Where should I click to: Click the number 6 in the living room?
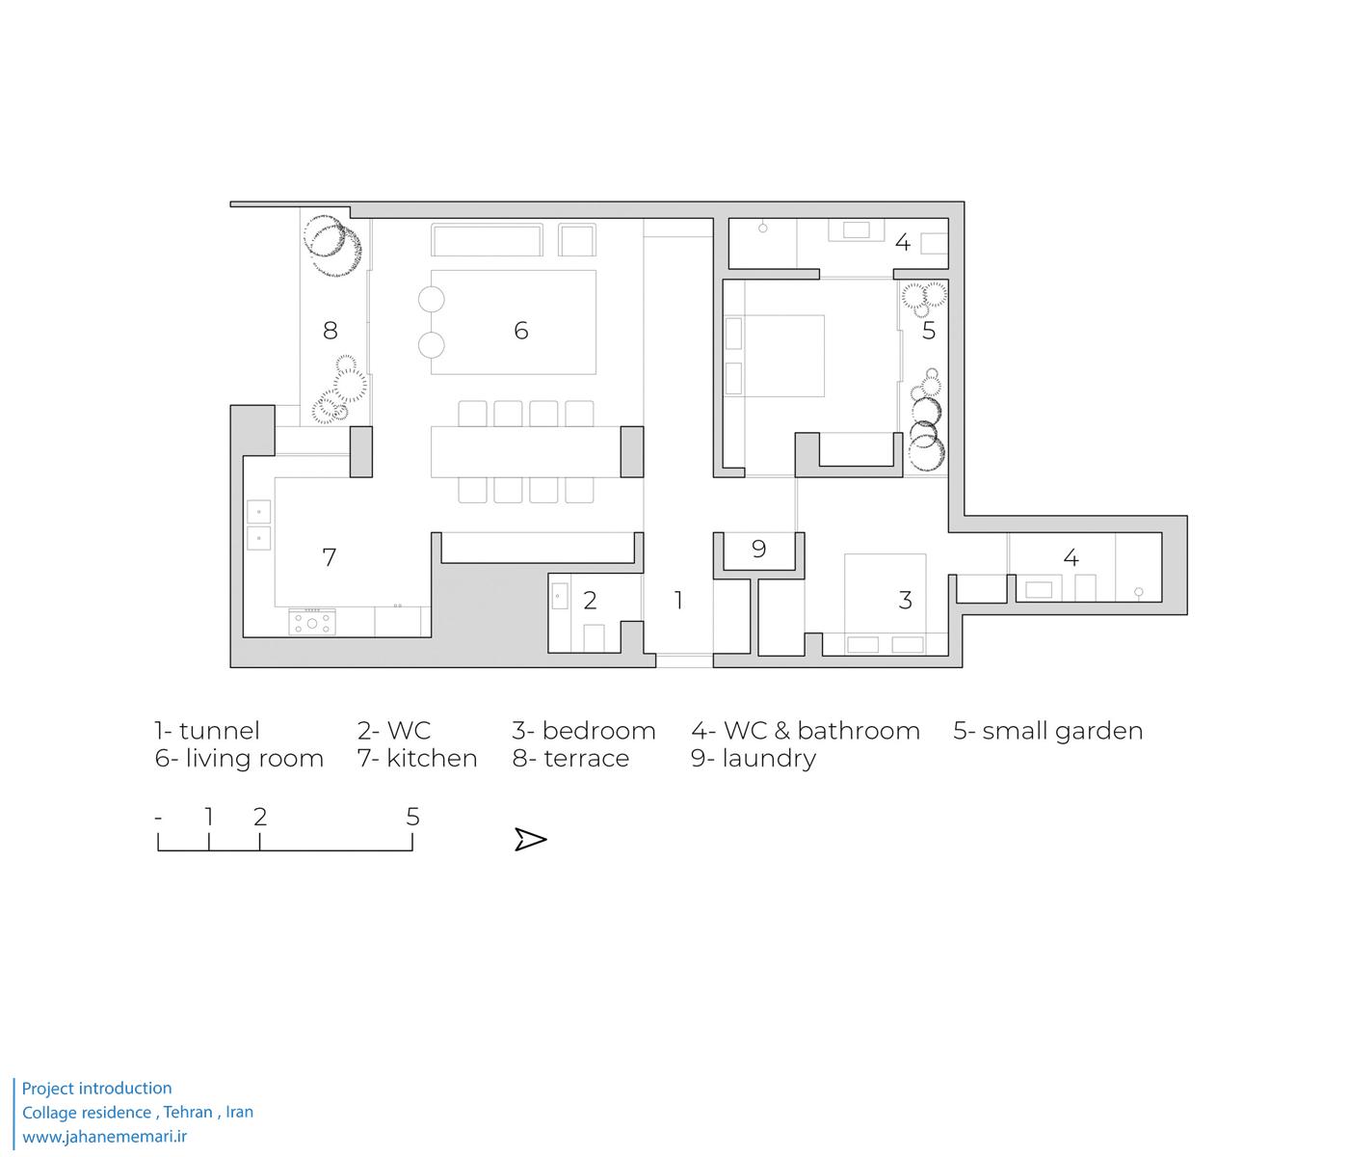tap(520, 331)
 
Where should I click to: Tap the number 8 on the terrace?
tap(331, 331)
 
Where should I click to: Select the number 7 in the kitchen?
tap(330, 557)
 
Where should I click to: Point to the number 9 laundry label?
tap(758, 549)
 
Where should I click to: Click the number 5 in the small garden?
tap(929, 331)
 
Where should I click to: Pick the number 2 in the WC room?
tap(590, 600)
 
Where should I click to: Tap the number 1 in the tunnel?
tap(678, 600)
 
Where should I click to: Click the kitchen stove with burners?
tap(312, 622)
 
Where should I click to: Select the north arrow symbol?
tap(530, 839)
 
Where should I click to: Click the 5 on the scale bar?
tap(412, 817)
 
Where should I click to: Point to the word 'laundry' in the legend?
tap(769, 760)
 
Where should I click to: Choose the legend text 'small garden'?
tap(1063, 731)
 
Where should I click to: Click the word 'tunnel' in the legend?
tap(220, 731)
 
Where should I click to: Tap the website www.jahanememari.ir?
tap(104, 1137)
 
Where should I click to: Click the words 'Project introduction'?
tap(96, 1088)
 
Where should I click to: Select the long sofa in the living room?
tap(487, 240)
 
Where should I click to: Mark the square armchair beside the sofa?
tap(577, 240)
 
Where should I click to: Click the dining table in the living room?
tap(526, 452)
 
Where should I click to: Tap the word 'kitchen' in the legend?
tap(432, 758)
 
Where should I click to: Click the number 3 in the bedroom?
tap(905, 600)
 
